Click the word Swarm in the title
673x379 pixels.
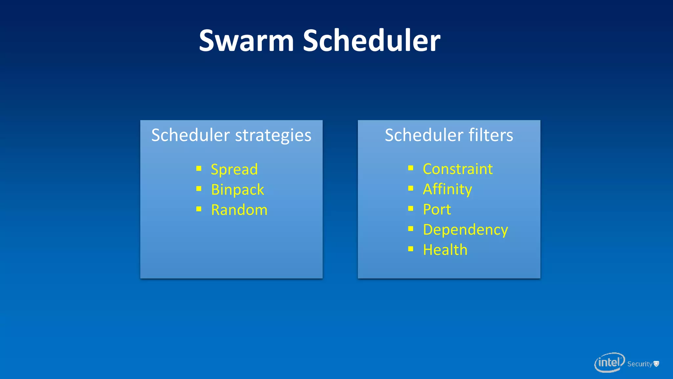(246, 41)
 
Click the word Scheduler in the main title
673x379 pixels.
(371, 41)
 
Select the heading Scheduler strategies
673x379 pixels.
(231, 135)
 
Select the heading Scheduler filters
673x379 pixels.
(449, 135)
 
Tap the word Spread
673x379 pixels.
(234, 169)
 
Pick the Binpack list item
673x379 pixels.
(237, 189)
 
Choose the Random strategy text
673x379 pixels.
(239, 210)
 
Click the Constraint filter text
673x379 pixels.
(458, 169)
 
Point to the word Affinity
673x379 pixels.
(447, 189)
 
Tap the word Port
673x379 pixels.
(437, 210)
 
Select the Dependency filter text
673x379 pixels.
(465, 230)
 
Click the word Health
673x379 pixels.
(445, 250)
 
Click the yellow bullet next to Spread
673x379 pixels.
(199, 169)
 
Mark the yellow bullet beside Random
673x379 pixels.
(199, 209)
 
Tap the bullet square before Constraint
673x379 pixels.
(411, 168)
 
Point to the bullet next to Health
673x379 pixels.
(411, 249)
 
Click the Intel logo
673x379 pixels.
(609, 363)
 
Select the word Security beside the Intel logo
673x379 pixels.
(639, 364)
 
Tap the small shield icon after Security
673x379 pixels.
(656, 364)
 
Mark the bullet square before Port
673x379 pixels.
(411, 209)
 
